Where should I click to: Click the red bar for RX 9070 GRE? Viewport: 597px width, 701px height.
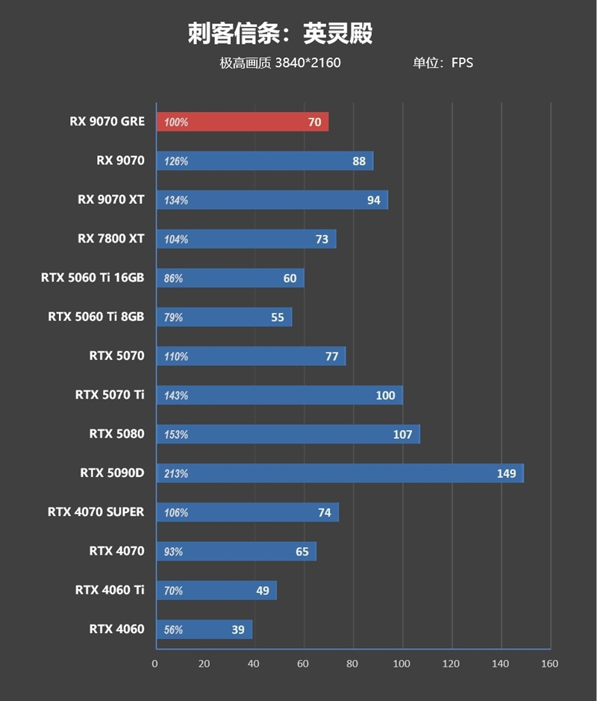point(243,122)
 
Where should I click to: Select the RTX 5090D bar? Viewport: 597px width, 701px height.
point(340,473)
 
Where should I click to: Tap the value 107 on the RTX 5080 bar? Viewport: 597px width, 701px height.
point(402,434)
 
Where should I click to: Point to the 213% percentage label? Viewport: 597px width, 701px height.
point(176,474)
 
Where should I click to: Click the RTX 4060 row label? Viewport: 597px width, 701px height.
point(116,629)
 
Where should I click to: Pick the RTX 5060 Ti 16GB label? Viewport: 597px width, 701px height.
point(93,278)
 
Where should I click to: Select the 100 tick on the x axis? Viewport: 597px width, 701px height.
point(402,664)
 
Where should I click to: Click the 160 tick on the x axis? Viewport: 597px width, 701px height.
point(549,664)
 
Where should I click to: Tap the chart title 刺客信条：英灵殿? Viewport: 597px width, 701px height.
point(280,34)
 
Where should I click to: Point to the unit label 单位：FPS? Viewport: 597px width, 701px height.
point(443,63)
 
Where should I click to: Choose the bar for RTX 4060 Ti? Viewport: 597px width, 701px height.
point(216,591)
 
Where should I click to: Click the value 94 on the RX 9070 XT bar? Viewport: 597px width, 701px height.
point(374,200)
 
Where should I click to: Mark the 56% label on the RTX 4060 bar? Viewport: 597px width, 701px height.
point(173,630)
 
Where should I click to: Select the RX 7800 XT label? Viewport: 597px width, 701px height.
point(110,239)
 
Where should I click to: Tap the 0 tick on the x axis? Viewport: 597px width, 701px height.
point(155,664)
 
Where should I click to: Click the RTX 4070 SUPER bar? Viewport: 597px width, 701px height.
point(247,512)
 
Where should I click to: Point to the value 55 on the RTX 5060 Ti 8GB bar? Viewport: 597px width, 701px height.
point(278,317)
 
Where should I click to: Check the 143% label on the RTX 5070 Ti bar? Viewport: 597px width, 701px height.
point(176,396)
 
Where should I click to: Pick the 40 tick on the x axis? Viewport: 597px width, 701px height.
point(254,664)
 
